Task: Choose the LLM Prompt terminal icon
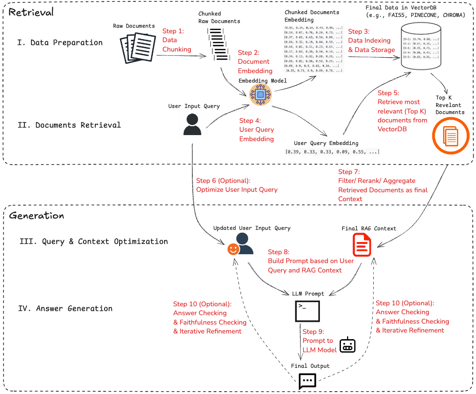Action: pyautogui.click(x=307, y=311)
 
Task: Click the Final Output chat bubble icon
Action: pyautogui.click(x=307, y=380)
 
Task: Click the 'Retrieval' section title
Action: pyautogui.click(x=31, y=12)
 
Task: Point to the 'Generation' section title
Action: pyautogui.click(x=36, y=216)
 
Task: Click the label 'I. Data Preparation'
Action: pyautogui.click(x=60, y=43)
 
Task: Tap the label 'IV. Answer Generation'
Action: pyautogui.click(x=65, y=309)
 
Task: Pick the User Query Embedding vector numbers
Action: pyautogui.click(x=332, y=152)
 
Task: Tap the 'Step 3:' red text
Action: pyautogui.click(x=359, y=31)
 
